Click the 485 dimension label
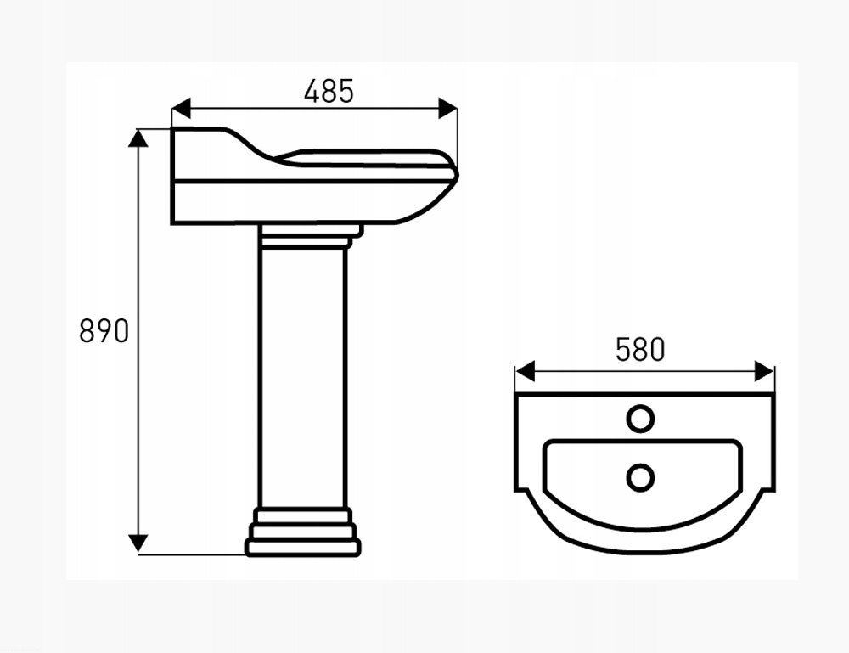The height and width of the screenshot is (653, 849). coord(329,91)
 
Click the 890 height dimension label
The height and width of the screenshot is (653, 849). coord(104,330)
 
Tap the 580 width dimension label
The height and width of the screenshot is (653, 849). coord(640,349)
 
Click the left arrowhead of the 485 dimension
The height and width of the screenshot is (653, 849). coord(182,109)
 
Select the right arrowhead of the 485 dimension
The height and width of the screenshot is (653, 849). coord(447,109)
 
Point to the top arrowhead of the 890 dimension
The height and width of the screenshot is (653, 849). coord(138,138)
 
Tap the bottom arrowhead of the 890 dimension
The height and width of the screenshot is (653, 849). coord(138,543)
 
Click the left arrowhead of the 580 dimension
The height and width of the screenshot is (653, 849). coord(525,371)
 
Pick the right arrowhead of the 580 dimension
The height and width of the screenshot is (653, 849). coord(764,371)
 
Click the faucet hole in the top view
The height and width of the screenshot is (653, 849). coord(640,419)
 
